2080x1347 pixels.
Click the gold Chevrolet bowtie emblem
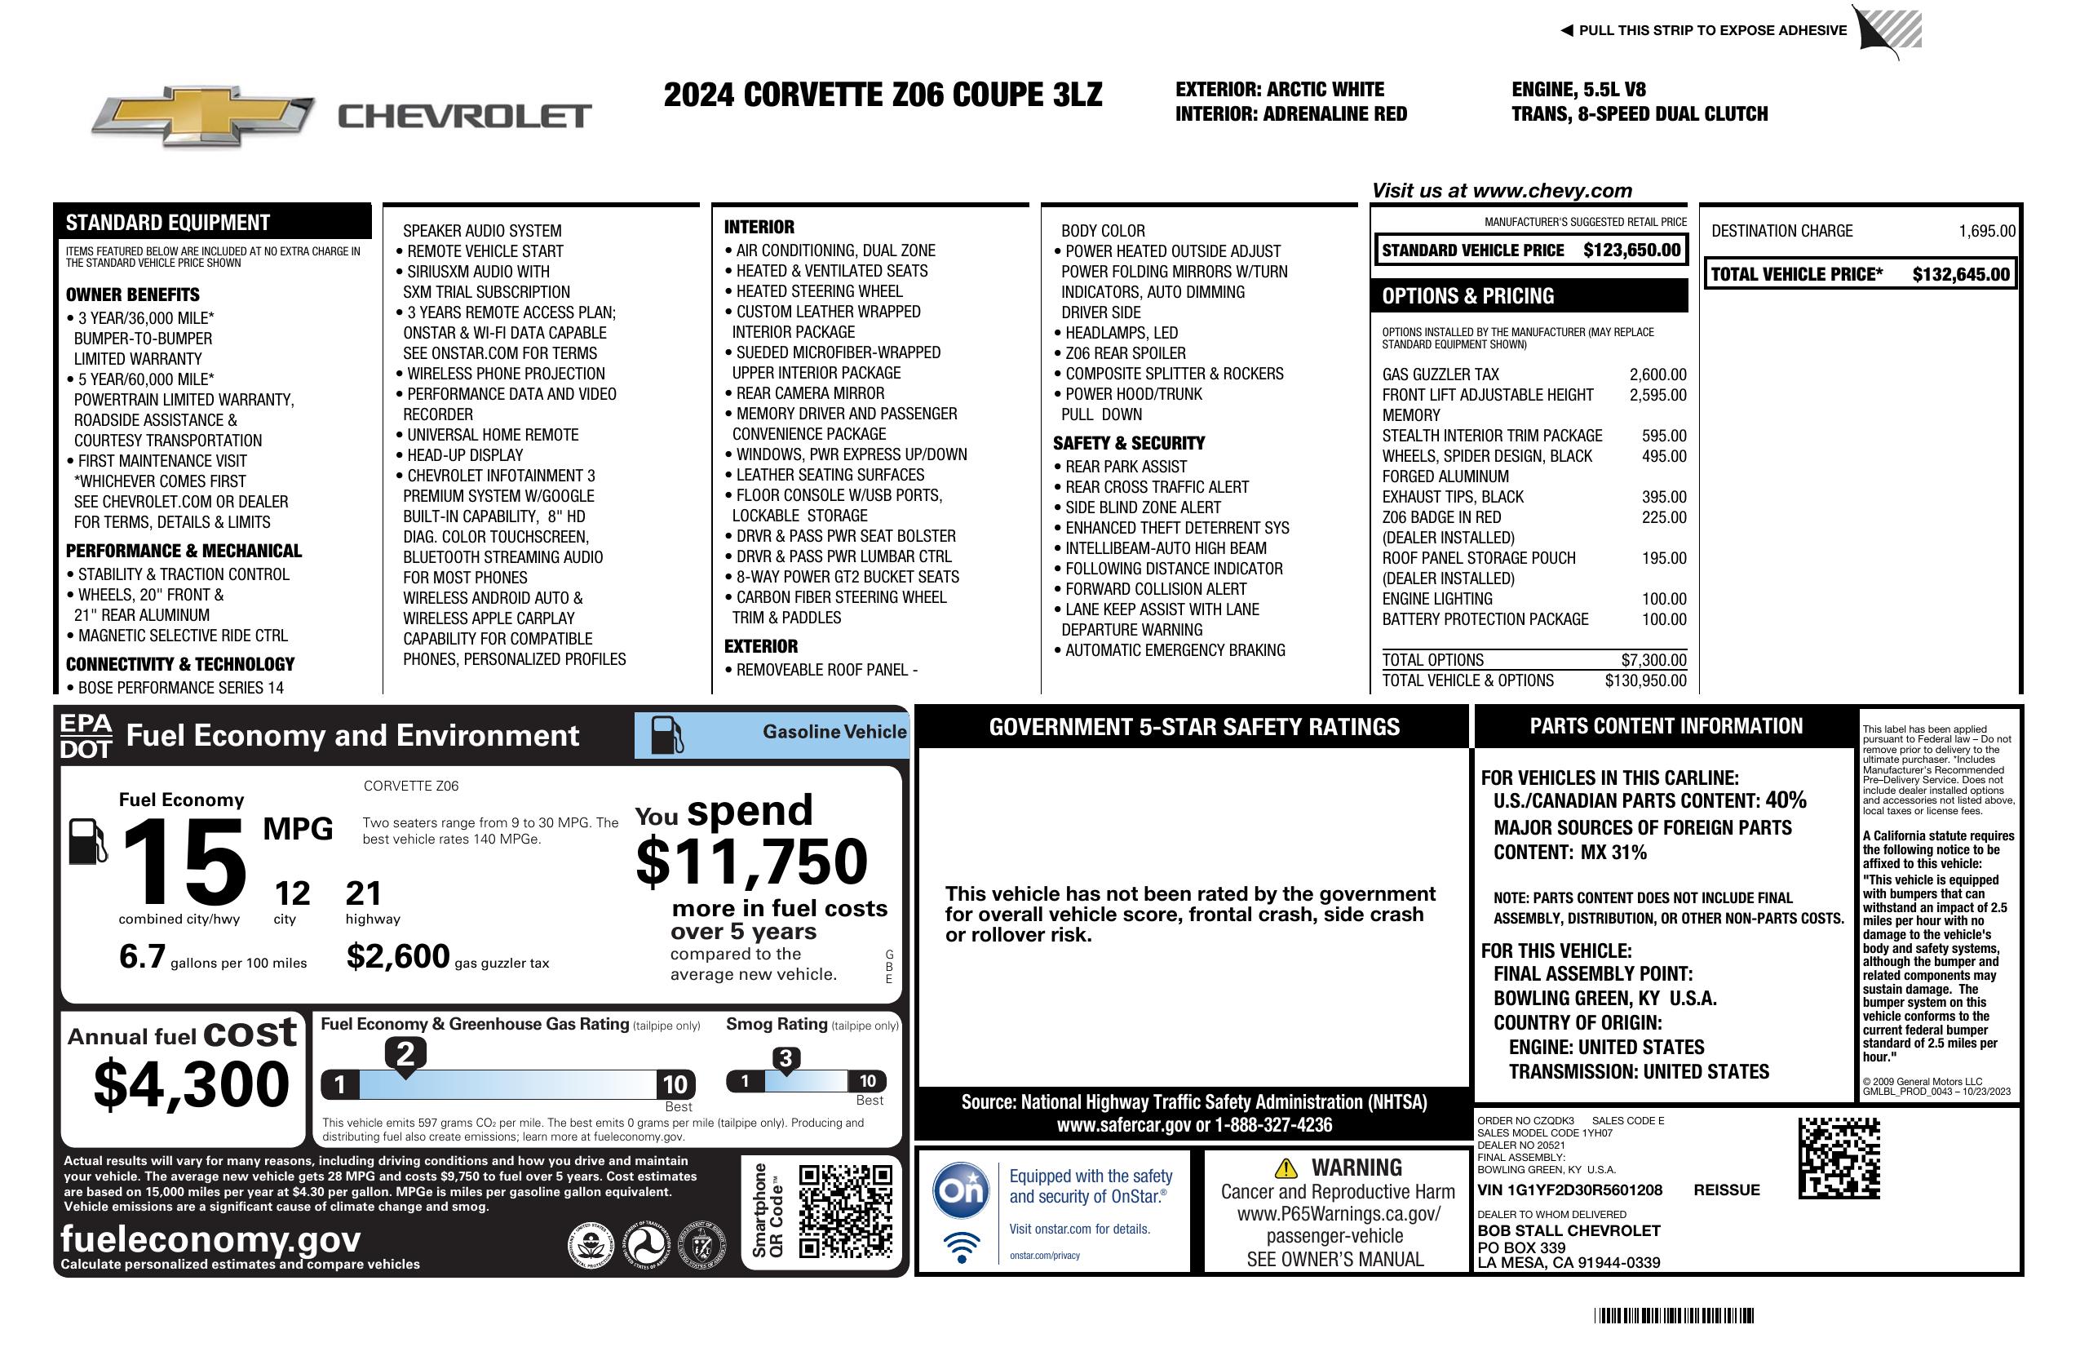click(203, 115)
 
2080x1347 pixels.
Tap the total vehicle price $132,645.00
click(1960, 274)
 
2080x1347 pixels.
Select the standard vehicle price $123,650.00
click(1631, 250)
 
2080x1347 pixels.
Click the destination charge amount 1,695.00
click(1986, 232)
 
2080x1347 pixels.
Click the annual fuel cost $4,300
click(191, 1084)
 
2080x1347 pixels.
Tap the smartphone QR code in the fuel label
click(845, 1210)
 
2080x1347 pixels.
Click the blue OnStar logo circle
click(962, 1190)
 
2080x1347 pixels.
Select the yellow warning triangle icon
click(1286, 1168)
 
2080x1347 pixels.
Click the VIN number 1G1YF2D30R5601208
click(1569, 1190)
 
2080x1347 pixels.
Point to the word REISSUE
click(1726, 1190)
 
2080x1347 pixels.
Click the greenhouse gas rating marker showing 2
click(405, 1054)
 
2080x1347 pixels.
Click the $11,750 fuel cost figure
click(751, 862)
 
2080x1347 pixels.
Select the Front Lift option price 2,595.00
click(1657, 395)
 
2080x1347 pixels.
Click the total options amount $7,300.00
click(1653, 660)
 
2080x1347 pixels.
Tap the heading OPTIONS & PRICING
click(1467, 296)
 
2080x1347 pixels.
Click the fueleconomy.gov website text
click(210, 1239)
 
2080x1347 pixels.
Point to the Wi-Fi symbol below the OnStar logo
click(962, 1247)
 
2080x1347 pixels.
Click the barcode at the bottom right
click(1674, 1315)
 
